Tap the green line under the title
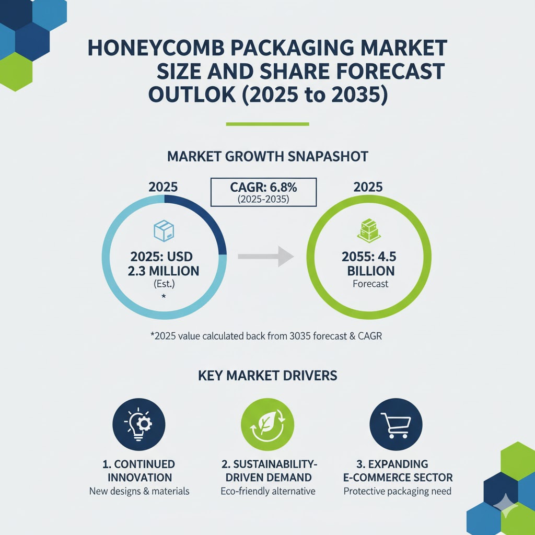(267, 124)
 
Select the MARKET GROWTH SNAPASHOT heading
(267, 156)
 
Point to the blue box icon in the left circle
(164, 230)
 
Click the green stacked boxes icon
(368, 230)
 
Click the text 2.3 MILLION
(164, 271)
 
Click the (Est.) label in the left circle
(164, 285)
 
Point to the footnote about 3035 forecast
(266, 336)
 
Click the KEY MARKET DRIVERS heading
(267, 375)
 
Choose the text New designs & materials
(139, 491)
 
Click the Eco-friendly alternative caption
(268, 491)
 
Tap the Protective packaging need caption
(398, 491)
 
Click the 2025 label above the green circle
(368, 187)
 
